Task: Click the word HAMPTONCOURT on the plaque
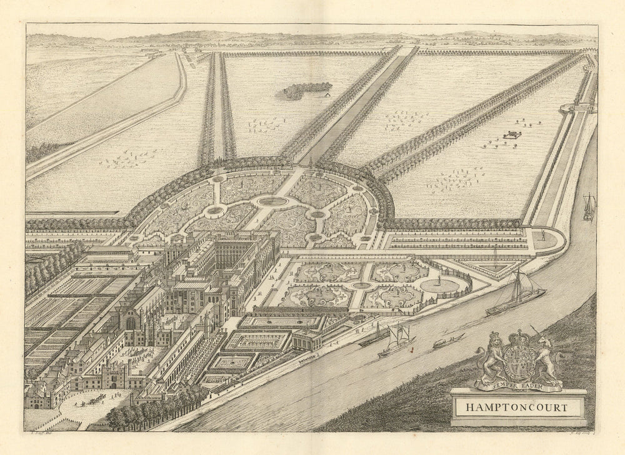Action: [x=516, y=406]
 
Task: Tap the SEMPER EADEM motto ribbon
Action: [x=517, y=378]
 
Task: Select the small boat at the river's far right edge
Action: [x=588, y=208]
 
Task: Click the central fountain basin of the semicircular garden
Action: [x=273, y=201]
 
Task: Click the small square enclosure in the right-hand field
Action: [x=512, y=134]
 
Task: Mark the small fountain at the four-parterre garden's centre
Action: [x=361, y=285]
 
